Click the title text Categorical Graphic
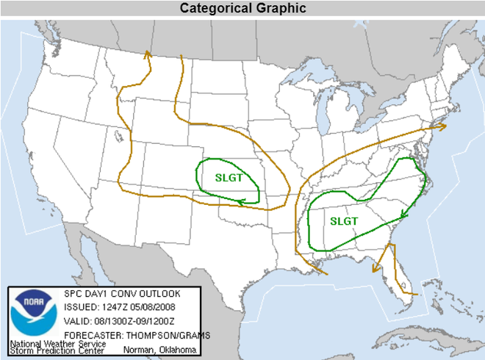pos(243,8)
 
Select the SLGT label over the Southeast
pos(343,220)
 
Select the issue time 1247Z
pos(112,308)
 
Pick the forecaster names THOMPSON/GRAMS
pos(168,336)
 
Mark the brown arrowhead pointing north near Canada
pos(147,54)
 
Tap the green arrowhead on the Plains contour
pos(241,201)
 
